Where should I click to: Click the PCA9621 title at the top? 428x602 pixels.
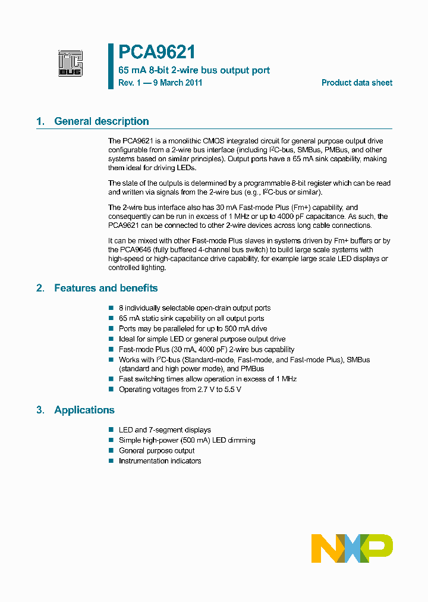point(157,53)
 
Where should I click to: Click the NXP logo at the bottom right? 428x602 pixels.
point(352,548)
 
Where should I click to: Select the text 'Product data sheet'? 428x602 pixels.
point(357,83)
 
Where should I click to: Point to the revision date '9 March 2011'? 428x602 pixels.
point(178,83)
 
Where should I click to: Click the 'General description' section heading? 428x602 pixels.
point(101,121)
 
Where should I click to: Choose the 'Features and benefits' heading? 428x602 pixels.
point(106,288)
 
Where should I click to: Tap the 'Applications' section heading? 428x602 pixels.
point(84,410)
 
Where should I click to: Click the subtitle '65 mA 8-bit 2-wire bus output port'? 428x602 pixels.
point(194,70)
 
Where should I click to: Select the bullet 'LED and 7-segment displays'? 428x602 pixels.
point(165,430)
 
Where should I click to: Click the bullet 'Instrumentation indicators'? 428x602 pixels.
point(160,461)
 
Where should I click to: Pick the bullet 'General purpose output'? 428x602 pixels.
point(156,451)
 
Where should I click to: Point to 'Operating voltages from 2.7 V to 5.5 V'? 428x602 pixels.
point(180,390)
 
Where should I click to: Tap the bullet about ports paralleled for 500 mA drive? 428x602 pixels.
point(193,329)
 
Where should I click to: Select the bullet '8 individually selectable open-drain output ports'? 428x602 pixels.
point(194,308)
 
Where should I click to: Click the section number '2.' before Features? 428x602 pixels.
point(40,288)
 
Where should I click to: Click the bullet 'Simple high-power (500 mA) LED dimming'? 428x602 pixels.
point(187,440)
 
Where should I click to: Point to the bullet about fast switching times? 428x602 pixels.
point(207,379)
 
